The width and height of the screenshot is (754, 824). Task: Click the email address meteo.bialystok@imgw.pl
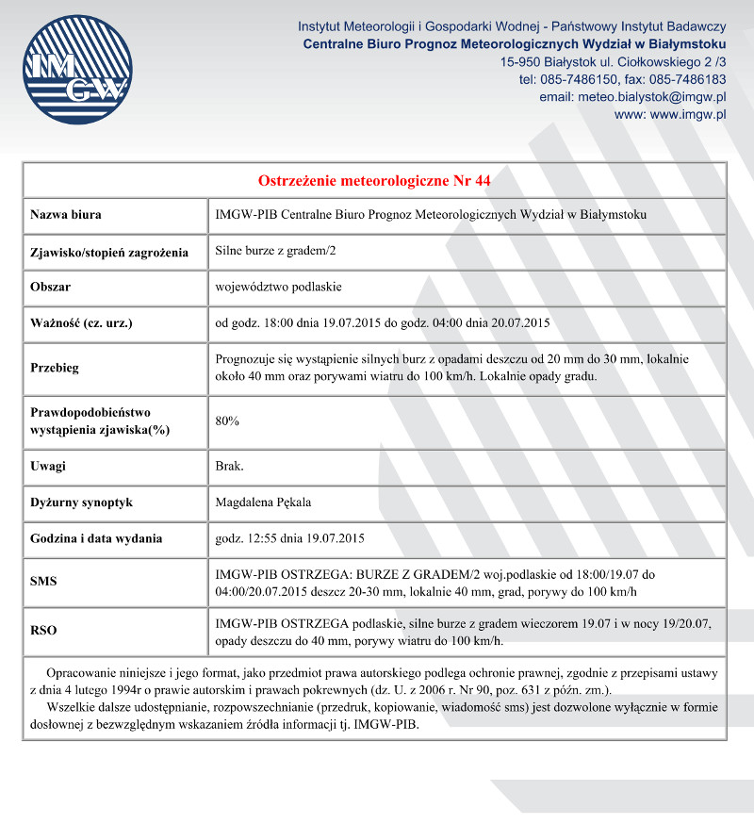click(x=631, y=97)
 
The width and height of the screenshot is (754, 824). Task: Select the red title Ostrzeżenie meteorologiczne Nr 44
click(x=374, y=180)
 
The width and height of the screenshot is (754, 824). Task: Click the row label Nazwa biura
click(x=66, y=215)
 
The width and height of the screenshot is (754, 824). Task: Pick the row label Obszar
click(x=51, y=287)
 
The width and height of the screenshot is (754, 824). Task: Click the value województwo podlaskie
click(x=278, y=287)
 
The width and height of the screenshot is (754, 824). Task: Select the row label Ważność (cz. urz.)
click(x=81, y=323)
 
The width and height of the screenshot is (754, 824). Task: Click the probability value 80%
click(x=227, y=420)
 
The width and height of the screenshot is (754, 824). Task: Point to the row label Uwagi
click(x=48, y=466)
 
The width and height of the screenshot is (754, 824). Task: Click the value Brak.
click(x=229, y=466)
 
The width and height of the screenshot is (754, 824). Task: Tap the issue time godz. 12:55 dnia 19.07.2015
click(x=289, y=538)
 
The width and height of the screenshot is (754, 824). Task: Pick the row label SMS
click(x=43, y=582)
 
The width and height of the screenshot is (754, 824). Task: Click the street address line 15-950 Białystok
click(x=613, y=62)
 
